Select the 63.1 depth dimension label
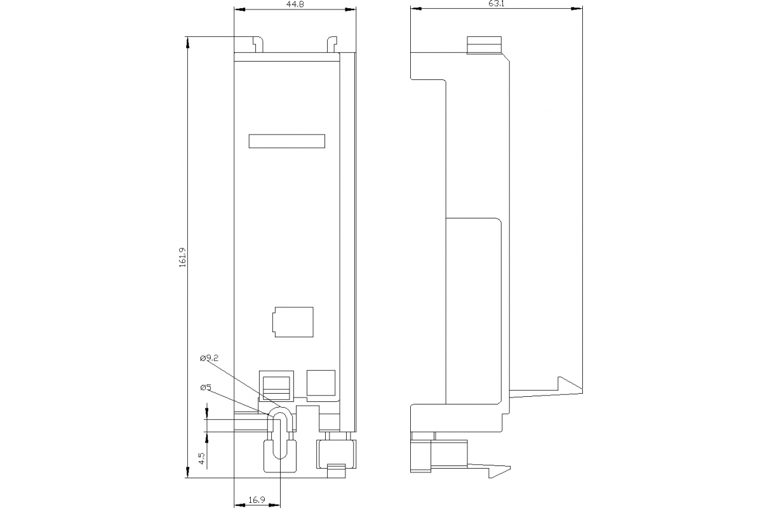(x=497, y=4)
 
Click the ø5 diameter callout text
(x=205, y=387)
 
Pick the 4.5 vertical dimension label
(x=201, y=458)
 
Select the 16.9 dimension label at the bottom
(x=257, y=500)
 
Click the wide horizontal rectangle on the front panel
(x=286, y=142)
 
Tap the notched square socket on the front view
(x=293, y=322)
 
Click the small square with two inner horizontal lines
(x=276, y=385)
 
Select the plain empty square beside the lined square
(x=321, y=384)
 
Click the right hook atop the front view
(x=331, y=44)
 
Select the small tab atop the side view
(x=485, y=45)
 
